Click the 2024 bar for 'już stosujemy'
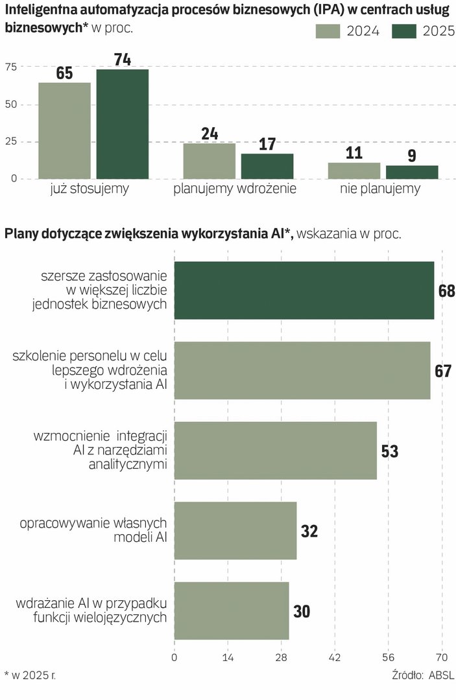click(64, 130)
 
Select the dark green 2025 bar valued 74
click(123, 124)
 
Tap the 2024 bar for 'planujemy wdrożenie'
click(209, 161)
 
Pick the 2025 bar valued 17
click(267, 166)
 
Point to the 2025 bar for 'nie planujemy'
click(412, 172)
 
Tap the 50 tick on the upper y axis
click(11, 104)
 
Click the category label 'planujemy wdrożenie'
click(235, 189)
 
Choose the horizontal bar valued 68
click(304, 290)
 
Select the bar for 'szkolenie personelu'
click(302, 370)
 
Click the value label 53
click(390, 451)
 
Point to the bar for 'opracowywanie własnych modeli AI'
click(235, 530)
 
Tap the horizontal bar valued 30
click(232, 611)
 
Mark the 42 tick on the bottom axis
click(335, 657)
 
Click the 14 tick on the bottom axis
click(228, 657)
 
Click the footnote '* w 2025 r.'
click(30, 675)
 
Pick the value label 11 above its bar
click(354, 154)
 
